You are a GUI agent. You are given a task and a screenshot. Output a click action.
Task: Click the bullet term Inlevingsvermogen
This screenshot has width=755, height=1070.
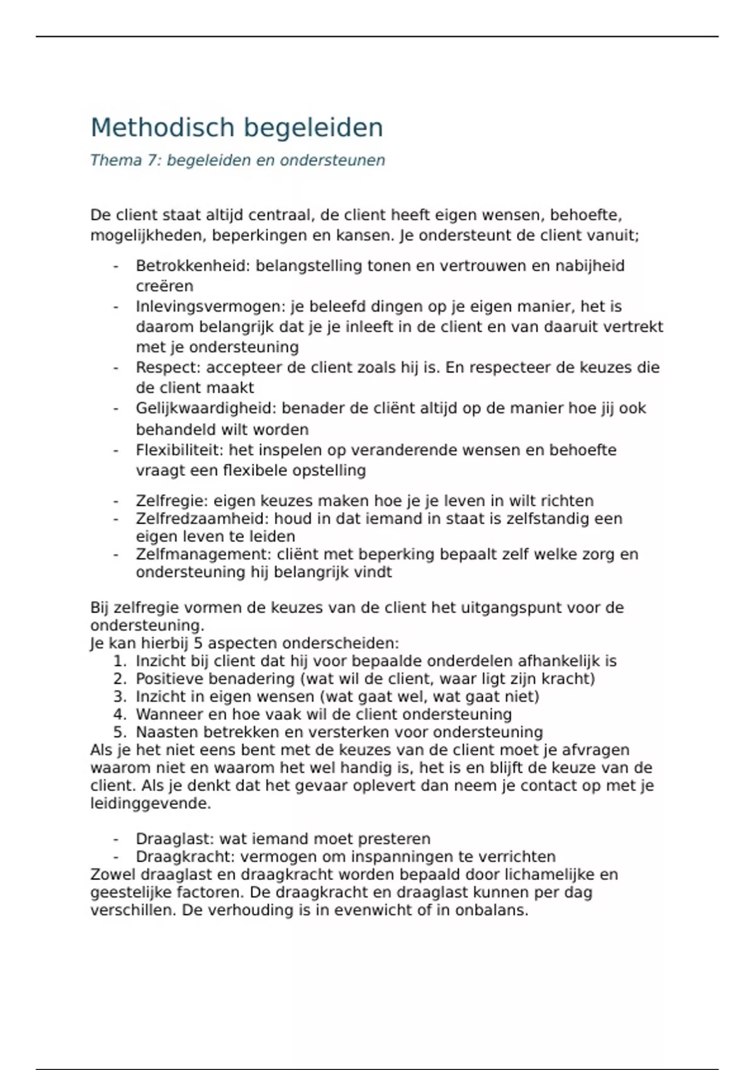210,307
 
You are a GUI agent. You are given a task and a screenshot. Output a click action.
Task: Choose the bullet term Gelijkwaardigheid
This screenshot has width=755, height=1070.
206,408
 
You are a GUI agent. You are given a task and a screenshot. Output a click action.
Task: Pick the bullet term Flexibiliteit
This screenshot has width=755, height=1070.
179,451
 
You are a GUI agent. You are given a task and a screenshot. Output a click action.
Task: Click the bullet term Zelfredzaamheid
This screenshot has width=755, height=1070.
201,519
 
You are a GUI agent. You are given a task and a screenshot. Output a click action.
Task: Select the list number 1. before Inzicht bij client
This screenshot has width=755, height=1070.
120,662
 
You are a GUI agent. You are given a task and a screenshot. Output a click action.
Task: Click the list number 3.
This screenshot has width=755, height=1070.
120,697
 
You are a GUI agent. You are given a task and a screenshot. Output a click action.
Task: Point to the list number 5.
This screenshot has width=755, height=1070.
120,733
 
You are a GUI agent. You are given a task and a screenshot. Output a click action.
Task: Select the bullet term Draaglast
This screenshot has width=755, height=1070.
174,839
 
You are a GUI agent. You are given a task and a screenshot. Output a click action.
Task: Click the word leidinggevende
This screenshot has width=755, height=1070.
150,804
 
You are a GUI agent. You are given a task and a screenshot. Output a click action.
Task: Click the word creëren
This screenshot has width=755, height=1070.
164,286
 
